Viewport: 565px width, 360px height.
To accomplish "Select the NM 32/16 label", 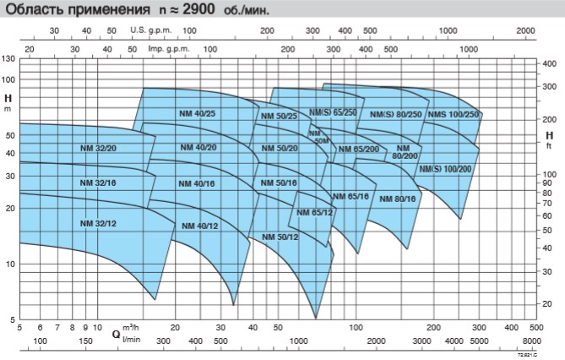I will pos(100,183).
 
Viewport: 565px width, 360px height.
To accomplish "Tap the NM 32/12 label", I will pos(100,223).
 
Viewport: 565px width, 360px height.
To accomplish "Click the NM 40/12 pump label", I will pos(200,225).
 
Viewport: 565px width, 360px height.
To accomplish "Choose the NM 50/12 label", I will pos(280,237).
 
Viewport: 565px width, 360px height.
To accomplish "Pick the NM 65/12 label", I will pos(315,211).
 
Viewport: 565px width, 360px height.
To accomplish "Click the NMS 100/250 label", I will pos(454,114).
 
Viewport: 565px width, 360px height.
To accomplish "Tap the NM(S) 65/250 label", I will pos(333,112).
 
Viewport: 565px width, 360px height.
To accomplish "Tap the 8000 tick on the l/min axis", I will pos(531,341).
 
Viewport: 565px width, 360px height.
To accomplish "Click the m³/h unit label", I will pos(130,326).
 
